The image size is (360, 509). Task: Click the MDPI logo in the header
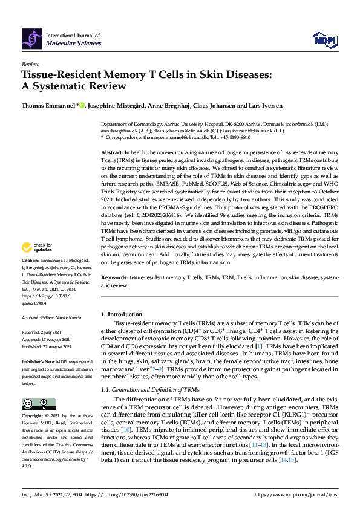[x=323, y=40]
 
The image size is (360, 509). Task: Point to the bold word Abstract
[x=111, y=154]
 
